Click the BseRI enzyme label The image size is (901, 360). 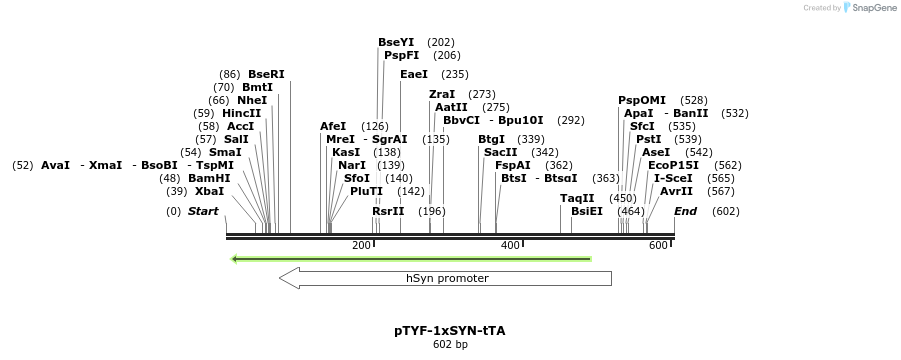(x=266, y=75)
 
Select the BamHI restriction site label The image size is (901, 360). (x=209, y=178)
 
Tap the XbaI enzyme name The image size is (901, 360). (x=209, y=191)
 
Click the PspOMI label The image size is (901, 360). (x=642, y=101)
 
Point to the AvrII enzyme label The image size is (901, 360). (x=676, y=191)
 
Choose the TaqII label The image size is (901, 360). (x=577, y=198)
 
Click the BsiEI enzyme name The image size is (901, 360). (x=587, y=211)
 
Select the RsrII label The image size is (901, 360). (x=388, y=211)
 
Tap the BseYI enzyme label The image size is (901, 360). (x=396, y=43)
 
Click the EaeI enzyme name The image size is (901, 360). (x=414, y=75)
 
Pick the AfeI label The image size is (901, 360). (x=333, y=127)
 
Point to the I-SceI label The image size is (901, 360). (x=673, y=178)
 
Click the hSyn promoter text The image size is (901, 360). (x=447, y=278)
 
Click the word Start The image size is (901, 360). (x=203, y=211)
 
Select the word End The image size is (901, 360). (x=685, y=211)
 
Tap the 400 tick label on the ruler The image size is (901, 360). (x=510, y=246)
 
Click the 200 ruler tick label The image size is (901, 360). (x=361, y=246)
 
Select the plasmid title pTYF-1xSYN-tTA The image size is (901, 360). (x=450, y=330)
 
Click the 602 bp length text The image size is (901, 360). (x=450, y=345)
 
